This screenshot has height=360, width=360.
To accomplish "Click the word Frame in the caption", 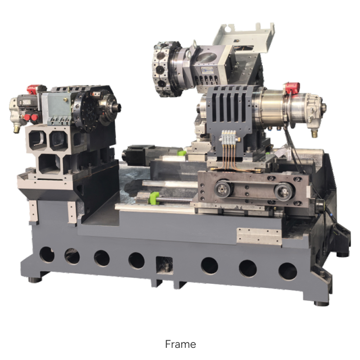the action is click(x=180, y=344).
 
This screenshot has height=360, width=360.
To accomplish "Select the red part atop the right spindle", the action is click(x=292, y=88).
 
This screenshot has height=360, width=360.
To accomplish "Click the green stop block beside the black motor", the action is click(x=182, y=153).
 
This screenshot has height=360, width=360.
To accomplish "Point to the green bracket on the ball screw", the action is click(x=154, y=198).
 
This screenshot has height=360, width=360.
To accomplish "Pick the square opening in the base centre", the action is click(x=164, y=265).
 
